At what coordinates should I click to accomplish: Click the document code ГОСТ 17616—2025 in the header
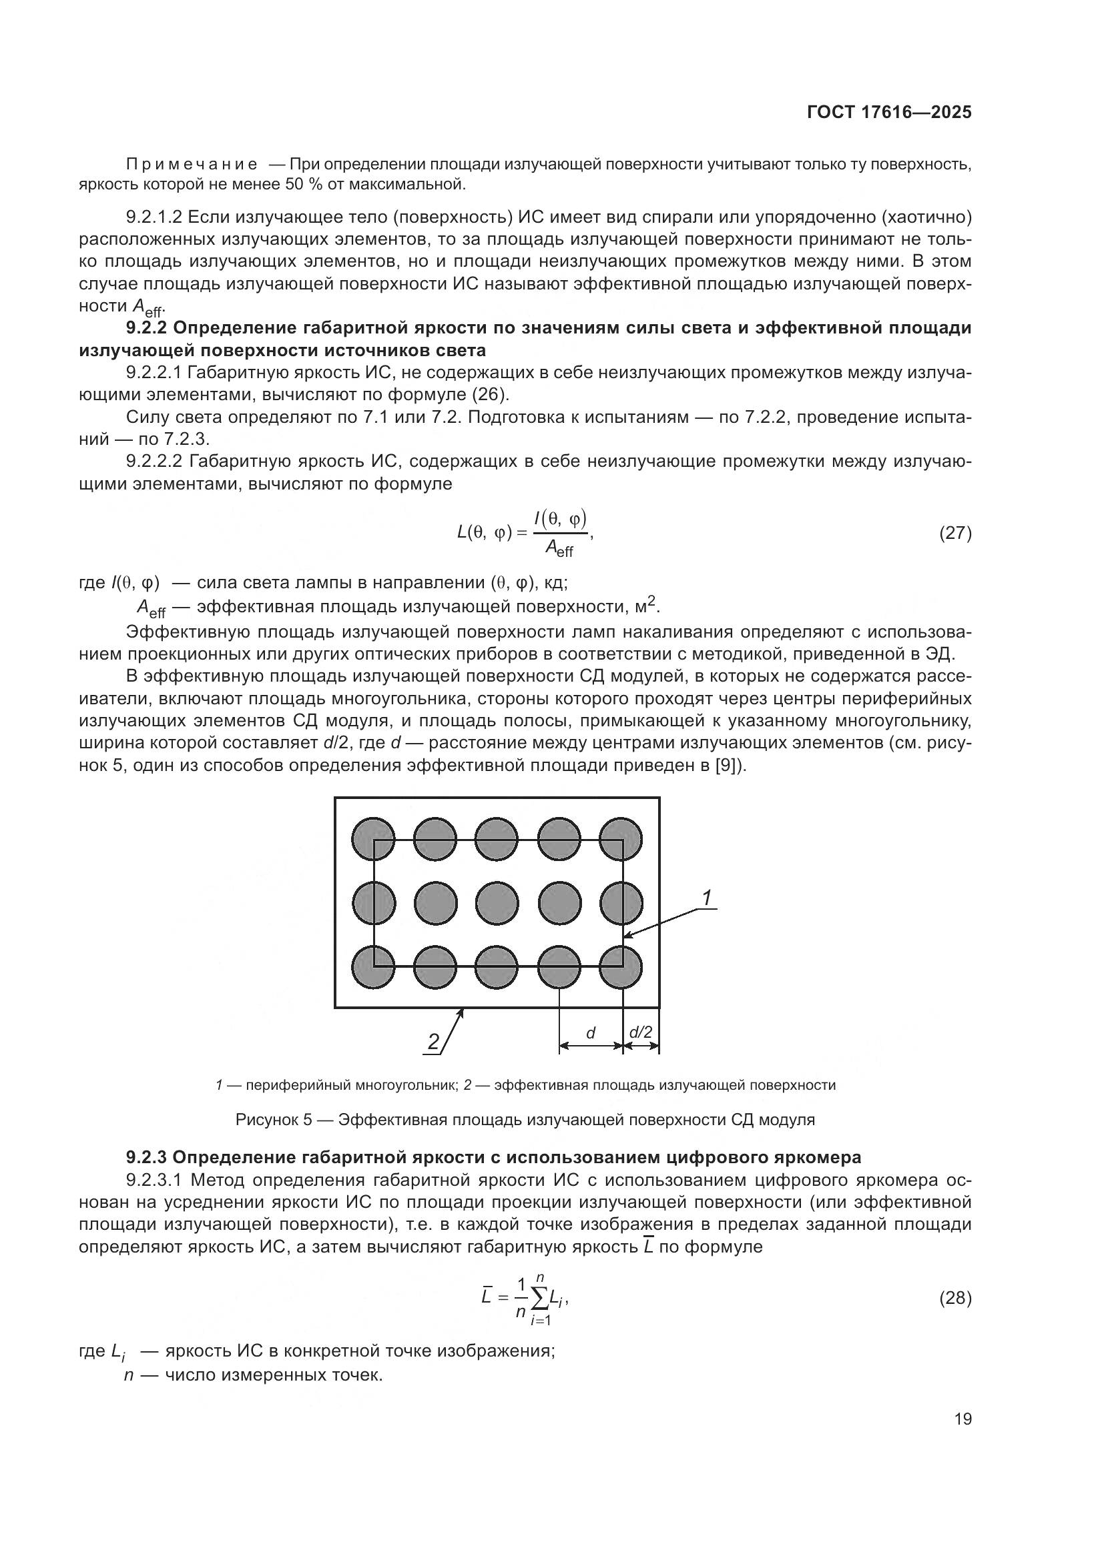(888, 112)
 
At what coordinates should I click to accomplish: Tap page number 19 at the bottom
(962, 1419)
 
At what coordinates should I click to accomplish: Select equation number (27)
(955, 534)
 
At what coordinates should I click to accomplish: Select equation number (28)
(955, 1299)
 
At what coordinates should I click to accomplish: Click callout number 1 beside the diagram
(706, 898)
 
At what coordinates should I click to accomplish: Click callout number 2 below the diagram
(433, 1042)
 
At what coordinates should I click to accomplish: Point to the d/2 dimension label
(640, 1032)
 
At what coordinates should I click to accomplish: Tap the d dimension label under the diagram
(590, 1033)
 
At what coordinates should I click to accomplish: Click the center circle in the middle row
(497, 903)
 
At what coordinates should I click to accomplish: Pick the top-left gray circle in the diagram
(373, 838)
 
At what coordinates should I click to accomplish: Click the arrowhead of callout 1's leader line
(627, 937)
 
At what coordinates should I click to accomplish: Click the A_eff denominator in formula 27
(559, 549)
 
